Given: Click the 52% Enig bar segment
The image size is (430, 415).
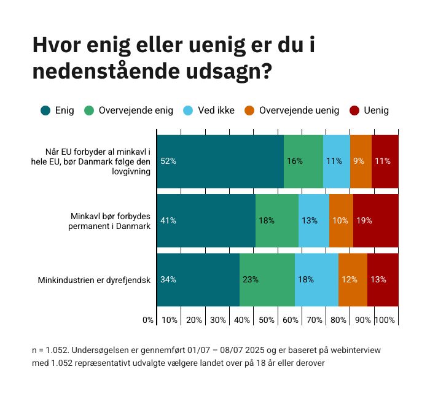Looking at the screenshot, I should tap(220, 161).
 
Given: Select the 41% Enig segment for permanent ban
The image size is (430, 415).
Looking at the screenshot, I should tap(206, 220).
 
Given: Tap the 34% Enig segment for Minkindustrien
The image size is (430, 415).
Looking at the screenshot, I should tap(198, 279).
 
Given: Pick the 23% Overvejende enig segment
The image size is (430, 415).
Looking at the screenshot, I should tap(267, 279).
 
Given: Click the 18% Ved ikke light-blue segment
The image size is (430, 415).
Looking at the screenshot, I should tap(316, 279).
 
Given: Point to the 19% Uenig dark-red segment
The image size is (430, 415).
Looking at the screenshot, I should tap(375, 220).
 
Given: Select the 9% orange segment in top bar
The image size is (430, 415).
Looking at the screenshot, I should tap(361, 161).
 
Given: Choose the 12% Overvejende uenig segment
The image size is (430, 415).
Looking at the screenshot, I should tap(353, 279).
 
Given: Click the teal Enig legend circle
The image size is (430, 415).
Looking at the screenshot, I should tap(45, 111).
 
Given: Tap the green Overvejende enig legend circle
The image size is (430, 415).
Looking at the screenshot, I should tap(90, 111).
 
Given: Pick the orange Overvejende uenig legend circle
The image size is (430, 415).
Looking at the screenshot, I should tap(250, 111).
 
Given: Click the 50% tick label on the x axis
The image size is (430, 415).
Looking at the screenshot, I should tap(266, 320).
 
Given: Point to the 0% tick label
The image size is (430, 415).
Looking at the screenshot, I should tap(147, 320).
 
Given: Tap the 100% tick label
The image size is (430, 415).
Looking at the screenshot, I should tap(385, 320).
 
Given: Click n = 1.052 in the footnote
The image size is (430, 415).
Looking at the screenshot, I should tap(50, 351).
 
